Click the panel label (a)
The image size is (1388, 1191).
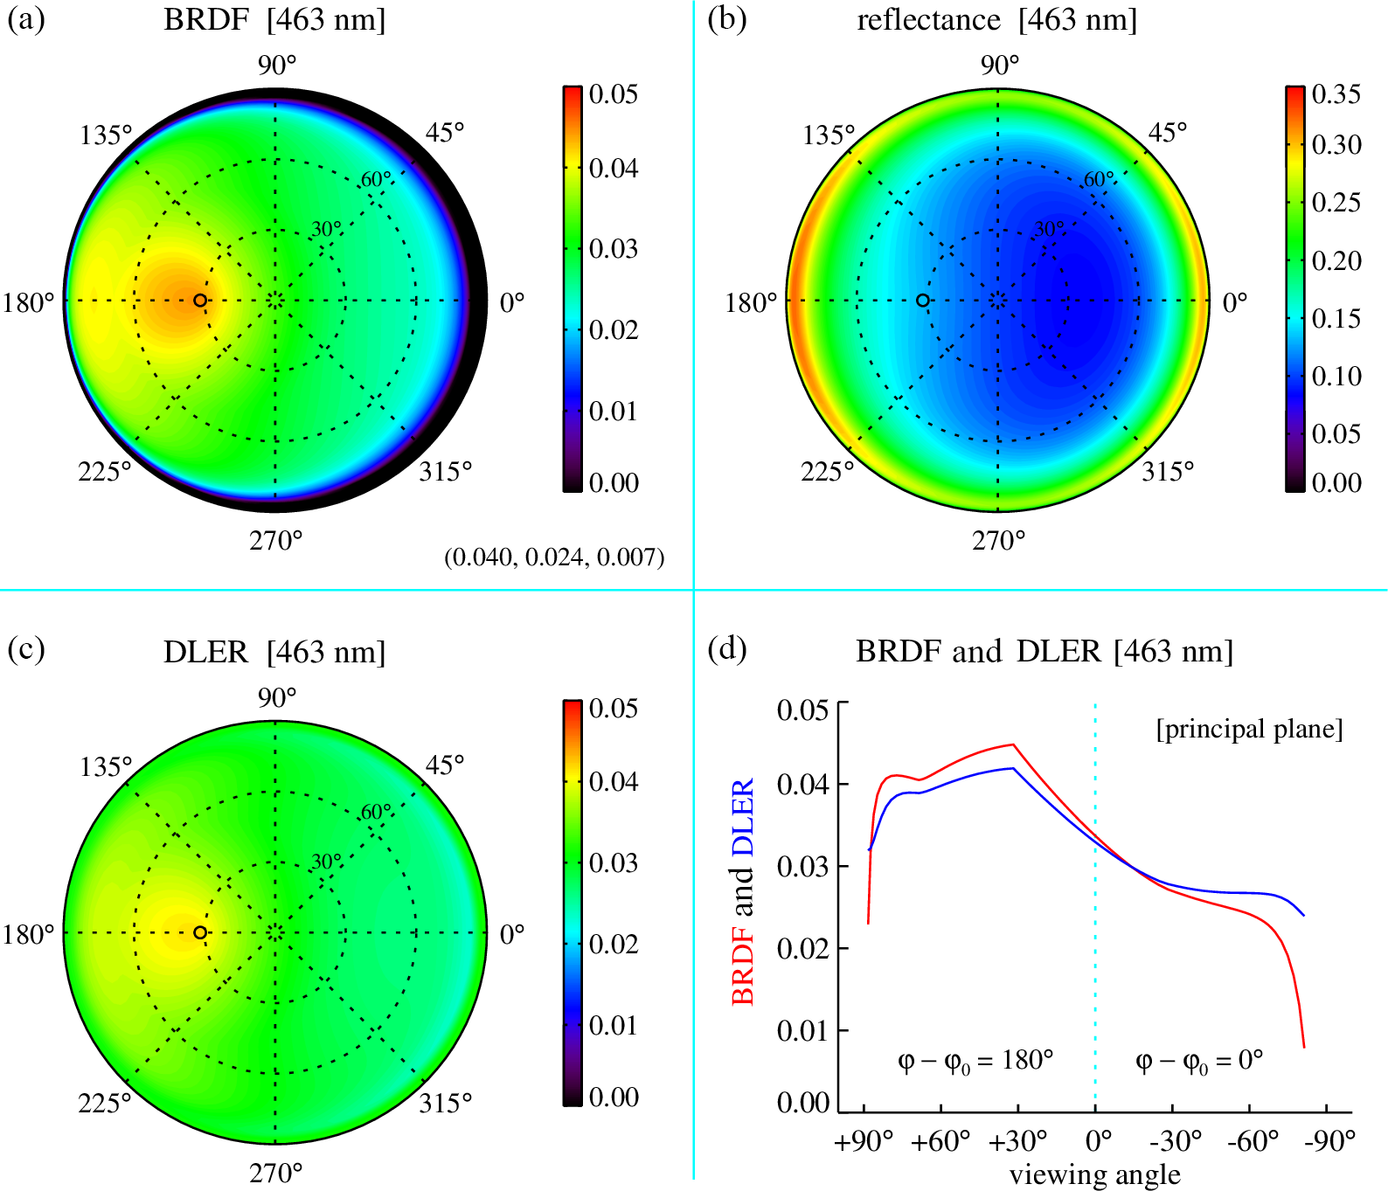(x=26, y=20)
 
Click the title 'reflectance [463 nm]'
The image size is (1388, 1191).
(x=996, y=20)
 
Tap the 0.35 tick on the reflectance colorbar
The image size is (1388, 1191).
(x=1336, y=94)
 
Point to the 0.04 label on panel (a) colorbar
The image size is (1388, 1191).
(x=614, y=168)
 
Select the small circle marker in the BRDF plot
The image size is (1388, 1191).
(x=200, y=301)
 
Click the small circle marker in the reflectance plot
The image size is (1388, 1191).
(x=922, y=301)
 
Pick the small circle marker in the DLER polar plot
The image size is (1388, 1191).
(x=200, y=932)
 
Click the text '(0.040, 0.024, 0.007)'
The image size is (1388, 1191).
(x=554, y=557)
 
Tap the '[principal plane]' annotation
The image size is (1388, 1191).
(x=1249, y=730)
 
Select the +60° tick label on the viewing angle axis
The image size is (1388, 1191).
(x=940, y=1141)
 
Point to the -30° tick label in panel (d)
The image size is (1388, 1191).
(x=1174, y=1141)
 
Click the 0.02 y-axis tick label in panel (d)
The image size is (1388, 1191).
(x=802, y=948)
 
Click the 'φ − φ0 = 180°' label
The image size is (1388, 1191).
(x=975, y=1062)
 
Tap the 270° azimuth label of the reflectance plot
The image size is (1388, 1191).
(x=999, y=542)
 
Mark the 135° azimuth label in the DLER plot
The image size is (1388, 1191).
(x=106, y=767)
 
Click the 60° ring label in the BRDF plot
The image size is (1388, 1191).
(x=376, y=180)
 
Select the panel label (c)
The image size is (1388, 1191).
(x=26, y=650)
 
